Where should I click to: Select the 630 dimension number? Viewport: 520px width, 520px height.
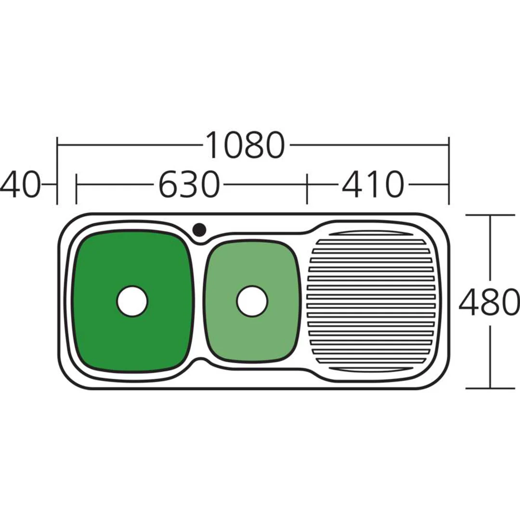click(x=189, y=184)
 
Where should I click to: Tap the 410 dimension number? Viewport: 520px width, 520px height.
click(x=373, y=184)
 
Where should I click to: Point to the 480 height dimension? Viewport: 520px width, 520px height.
click(x=489, y=301)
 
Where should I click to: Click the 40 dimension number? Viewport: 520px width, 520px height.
click(x=20, y=184)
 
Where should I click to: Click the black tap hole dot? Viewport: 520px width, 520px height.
click(x=199, y=229)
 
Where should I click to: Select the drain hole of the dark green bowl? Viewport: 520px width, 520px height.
click(x=132, y=301)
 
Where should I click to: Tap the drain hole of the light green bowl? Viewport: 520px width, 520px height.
click(x=252, y=301)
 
